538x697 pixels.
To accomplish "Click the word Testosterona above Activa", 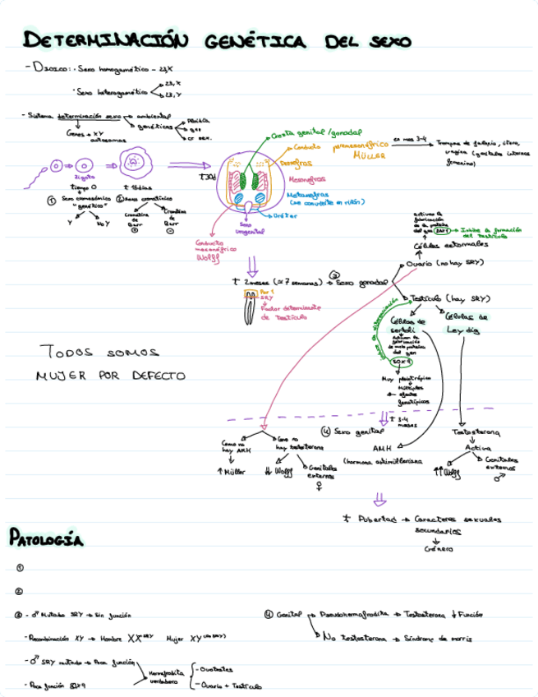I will [477, 432].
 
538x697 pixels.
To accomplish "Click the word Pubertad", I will [374, 519].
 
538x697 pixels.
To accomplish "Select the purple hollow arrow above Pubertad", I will [379, 497].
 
